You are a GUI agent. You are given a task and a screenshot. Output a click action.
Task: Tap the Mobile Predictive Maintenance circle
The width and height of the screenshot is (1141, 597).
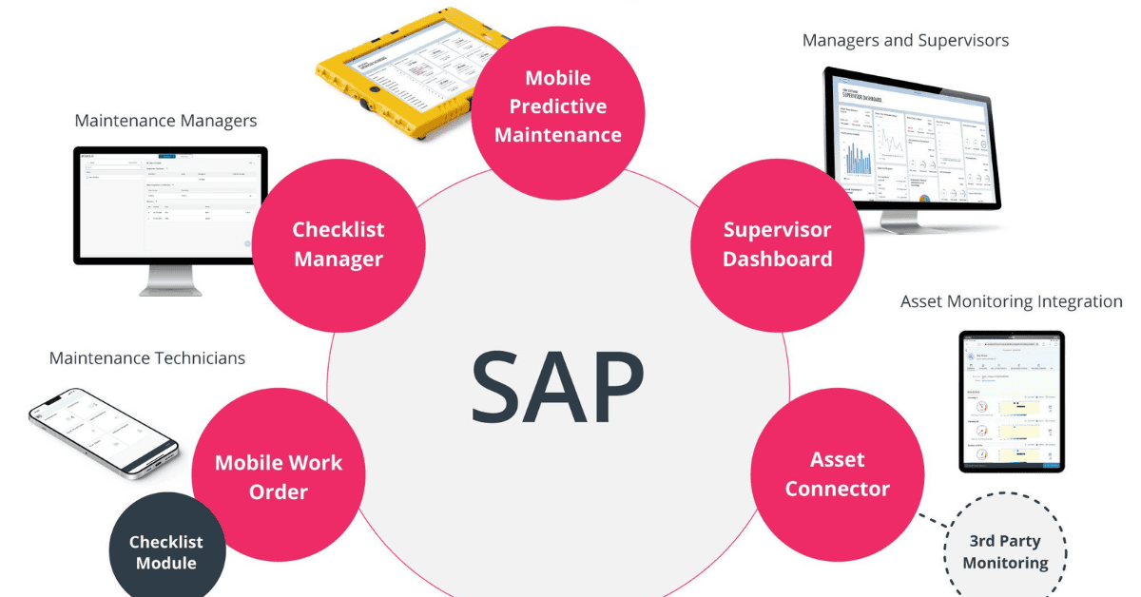[558, 106]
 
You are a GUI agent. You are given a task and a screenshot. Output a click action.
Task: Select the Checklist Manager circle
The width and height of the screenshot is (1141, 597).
[338, 243]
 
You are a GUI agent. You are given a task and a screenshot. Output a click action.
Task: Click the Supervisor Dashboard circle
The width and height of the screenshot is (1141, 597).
[777, 243]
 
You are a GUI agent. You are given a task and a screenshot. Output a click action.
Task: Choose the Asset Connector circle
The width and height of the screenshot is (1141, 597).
[837, 473]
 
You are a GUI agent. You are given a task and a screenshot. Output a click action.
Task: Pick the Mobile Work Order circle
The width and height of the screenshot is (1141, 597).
[278, 476]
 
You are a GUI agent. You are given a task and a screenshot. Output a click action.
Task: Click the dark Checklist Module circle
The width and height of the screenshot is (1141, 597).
[166, 551]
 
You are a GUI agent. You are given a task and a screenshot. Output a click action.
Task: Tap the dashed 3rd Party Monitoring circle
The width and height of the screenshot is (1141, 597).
[1005, 551]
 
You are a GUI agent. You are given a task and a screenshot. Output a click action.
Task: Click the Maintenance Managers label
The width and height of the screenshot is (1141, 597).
[165, 122]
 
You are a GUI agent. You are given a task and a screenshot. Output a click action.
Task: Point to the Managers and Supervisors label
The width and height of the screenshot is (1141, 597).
[905, 41]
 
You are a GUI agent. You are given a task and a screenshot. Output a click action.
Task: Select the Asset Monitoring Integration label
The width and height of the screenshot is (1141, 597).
[1011, 301]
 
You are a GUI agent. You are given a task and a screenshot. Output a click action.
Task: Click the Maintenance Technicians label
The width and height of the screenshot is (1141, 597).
[147, 358]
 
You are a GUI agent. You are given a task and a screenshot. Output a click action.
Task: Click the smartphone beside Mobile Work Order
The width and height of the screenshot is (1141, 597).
[103, 433]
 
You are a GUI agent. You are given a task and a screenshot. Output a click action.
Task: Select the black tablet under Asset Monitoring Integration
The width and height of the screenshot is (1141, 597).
[1012, 400]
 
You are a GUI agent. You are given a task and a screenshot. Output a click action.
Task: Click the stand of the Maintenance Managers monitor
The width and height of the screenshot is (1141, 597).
[169, 279]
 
